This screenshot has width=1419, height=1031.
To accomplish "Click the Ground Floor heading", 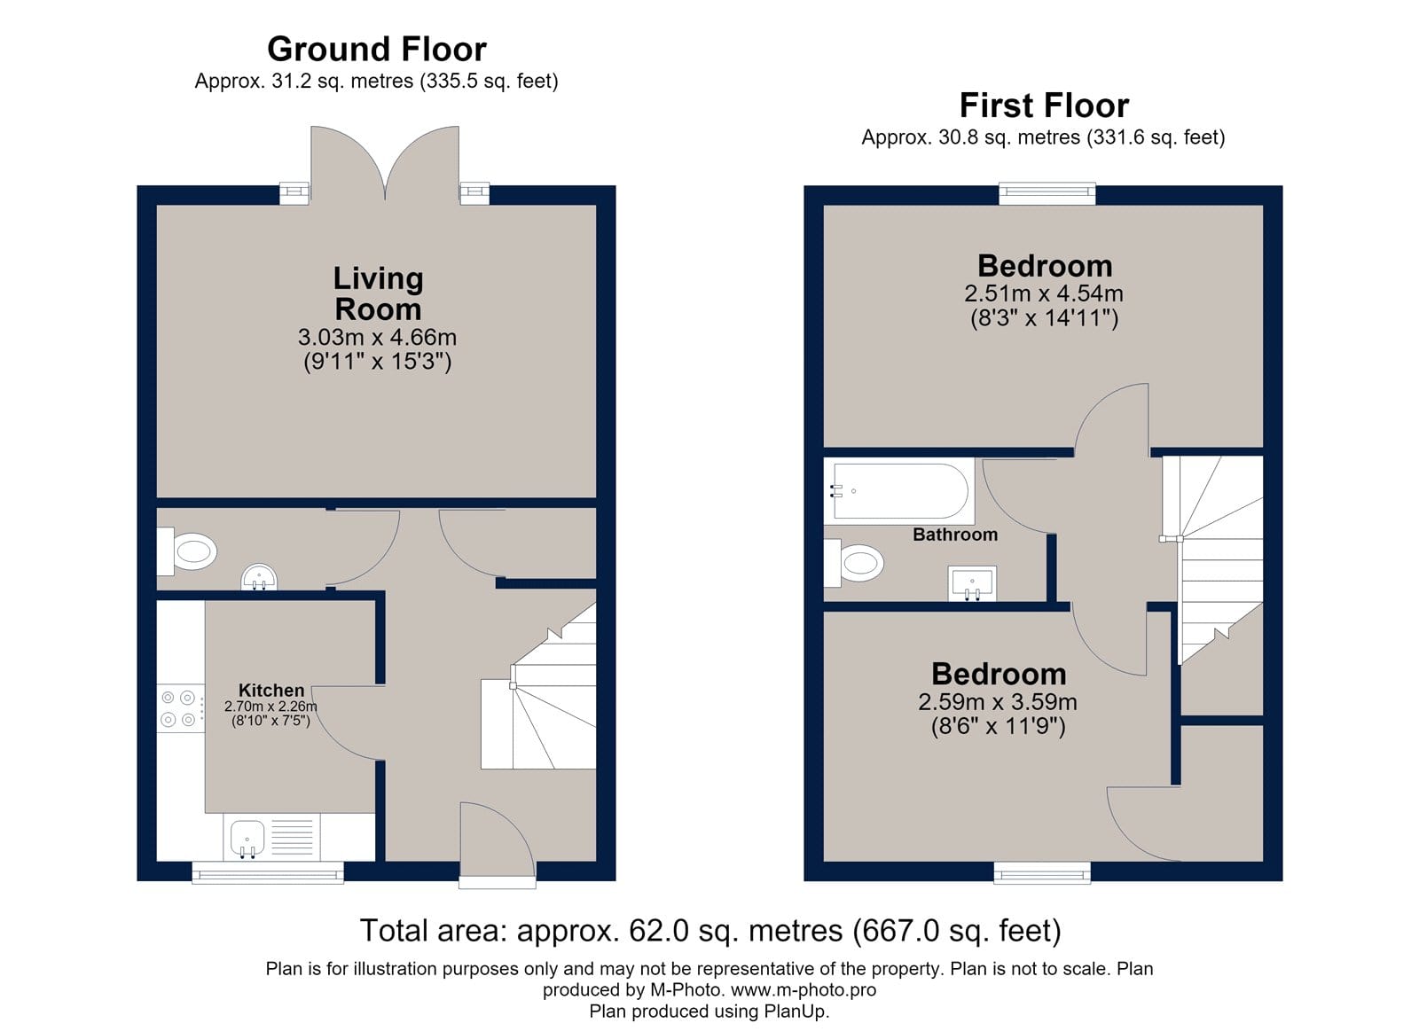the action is tap(377, 50).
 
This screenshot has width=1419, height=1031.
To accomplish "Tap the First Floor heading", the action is tap(1044, 105).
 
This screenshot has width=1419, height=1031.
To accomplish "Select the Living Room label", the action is tap(378, 293).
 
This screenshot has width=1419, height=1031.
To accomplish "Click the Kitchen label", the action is tap(271, 690).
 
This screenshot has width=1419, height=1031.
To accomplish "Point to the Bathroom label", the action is tap(955, 535).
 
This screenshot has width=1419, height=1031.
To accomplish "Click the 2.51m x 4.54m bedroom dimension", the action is tap(1044, 293).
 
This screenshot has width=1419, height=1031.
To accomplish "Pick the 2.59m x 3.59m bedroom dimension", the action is tap(998, 702).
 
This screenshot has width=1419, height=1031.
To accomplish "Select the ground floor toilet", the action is tap(187, 551).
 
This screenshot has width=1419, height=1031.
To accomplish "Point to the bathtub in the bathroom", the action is tap(900, 491).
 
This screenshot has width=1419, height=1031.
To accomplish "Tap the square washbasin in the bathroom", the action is tap(972, 582).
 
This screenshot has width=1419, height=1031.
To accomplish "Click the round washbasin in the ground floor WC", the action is tap(258, 578).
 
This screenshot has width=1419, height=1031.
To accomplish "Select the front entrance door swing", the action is tap(498, 840).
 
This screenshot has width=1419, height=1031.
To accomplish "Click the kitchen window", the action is tap(268, 872).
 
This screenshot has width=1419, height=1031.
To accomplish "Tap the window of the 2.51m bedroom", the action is tap(1047, 193).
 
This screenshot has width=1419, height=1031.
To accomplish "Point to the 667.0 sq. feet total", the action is tap(957, 931).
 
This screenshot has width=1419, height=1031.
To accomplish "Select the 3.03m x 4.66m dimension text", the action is tap(378, 338).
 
